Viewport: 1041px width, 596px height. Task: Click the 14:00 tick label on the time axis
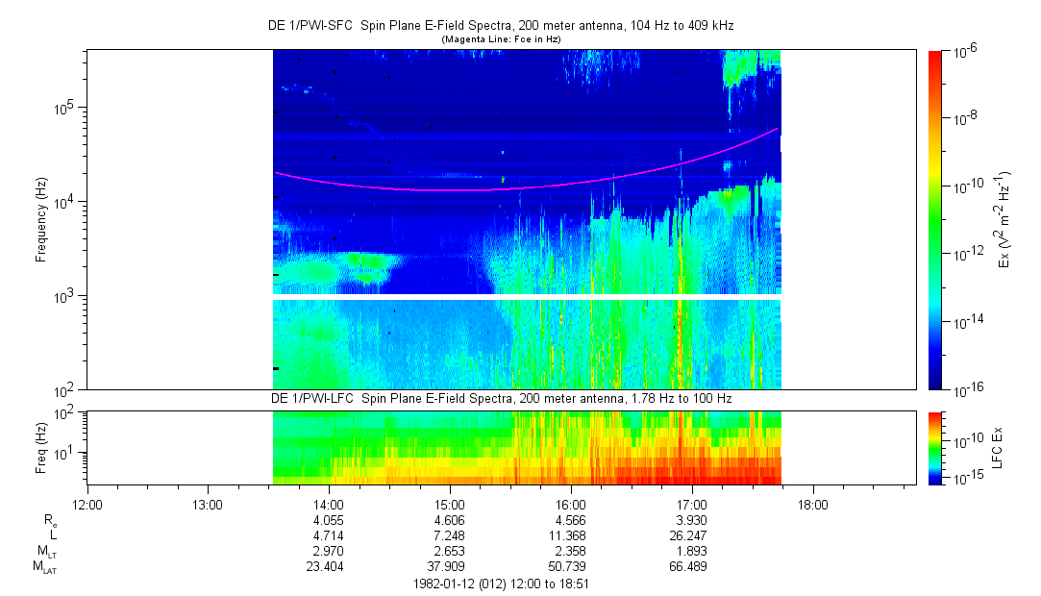329,504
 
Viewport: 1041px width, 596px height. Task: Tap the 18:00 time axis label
813,504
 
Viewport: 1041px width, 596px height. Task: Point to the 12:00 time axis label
87,504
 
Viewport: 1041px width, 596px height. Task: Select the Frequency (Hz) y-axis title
41,220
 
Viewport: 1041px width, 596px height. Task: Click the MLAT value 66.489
692,567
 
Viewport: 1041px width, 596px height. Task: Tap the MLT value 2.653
450,552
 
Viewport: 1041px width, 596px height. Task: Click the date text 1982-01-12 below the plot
443,584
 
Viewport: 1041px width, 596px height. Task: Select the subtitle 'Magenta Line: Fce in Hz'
500,39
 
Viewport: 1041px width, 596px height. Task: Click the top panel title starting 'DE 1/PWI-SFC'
500,26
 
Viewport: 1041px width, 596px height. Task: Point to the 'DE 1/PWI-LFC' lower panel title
500,398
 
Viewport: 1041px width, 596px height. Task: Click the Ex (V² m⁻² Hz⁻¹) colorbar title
1004,220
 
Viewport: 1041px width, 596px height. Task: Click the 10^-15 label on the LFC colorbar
964,478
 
